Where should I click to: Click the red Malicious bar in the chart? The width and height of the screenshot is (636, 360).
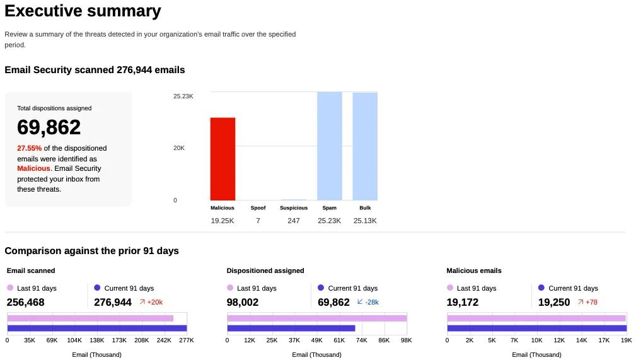point(223,159)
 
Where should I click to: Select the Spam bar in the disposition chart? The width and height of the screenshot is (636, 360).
point(330,146)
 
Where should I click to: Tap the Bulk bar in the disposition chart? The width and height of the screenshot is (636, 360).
point(365,146)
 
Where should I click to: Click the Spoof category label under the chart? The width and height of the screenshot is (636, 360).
point(258,207)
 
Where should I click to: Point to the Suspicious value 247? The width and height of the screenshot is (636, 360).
point(294,221)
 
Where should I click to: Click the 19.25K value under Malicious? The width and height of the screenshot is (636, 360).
point(223,221)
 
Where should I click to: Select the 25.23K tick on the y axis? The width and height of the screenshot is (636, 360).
point(183,96)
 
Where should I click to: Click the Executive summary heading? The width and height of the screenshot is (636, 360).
point(83,11)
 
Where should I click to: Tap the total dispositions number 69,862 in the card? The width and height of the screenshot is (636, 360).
point(49,127)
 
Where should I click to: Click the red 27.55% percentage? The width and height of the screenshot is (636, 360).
point(29,148)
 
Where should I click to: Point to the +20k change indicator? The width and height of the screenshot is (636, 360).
point(151,302)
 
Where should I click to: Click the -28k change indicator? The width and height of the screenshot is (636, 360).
point(368,302)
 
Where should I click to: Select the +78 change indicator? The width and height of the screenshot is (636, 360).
point(587,302)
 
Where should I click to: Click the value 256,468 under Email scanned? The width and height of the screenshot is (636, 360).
point(26,302)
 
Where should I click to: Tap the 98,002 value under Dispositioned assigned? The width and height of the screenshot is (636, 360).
point(243,302)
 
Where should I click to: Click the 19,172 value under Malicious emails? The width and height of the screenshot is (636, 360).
point(463,302)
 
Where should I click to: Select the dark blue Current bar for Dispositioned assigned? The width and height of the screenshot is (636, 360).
point(291,328)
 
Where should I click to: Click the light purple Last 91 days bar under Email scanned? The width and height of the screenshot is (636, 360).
point(90,318)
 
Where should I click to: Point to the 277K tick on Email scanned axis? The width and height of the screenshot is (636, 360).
point(187,340)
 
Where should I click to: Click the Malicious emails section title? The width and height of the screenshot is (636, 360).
point(474,270)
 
